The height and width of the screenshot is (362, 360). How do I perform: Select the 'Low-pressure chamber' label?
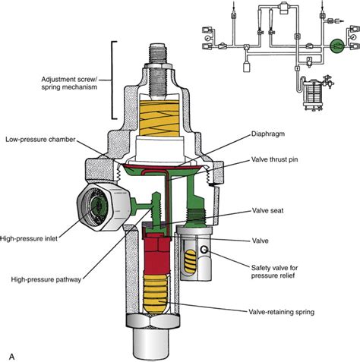tap(43, 140)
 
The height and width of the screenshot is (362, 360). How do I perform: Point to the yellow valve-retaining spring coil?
tap(159, 296)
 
